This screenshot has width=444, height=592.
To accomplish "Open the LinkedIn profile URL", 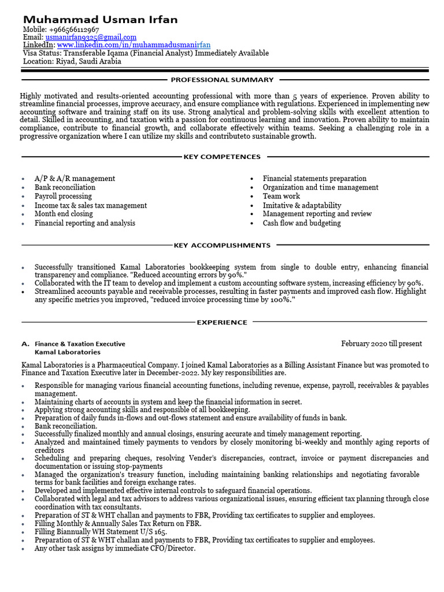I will [134, 45].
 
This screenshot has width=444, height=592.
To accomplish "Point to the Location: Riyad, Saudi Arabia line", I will [72, 61].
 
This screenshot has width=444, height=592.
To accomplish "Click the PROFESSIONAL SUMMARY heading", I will [222, 80].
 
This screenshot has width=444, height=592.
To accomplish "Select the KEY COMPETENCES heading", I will [222, 157].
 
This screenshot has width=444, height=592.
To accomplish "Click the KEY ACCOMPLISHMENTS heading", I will [222, 245].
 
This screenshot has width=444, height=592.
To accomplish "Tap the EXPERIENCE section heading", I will [222, 322].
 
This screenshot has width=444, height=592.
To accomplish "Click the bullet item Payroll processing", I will [63, 197].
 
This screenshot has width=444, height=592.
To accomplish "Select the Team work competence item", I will [282, 197].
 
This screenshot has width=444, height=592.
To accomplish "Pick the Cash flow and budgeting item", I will [302, 223].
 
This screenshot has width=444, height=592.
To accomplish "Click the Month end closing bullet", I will [64, 214].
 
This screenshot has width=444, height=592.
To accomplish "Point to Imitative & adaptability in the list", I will [302, 205].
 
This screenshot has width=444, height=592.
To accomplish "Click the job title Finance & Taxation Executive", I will [80, 343].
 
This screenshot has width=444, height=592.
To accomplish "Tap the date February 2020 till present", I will [382, 343].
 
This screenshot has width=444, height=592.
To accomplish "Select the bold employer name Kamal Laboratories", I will [68, 352].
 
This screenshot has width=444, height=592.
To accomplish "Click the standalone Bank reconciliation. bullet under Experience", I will [66, 426].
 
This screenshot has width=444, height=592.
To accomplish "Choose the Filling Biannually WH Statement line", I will [101, 532].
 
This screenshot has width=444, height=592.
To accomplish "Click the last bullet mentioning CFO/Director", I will [115, 548].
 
